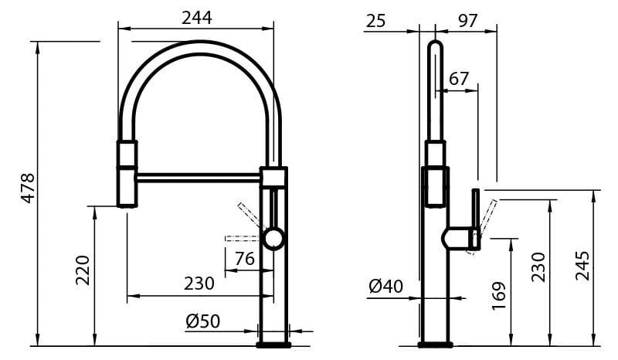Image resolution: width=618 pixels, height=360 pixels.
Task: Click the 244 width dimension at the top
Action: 196,18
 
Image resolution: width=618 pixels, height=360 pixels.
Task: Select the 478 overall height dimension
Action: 28,188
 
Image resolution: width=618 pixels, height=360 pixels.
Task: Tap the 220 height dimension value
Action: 83,270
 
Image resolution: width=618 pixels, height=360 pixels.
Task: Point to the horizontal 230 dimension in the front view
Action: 199,284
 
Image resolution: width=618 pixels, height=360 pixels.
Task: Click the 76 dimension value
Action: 244,260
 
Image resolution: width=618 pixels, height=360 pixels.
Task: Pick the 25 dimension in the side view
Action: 376,21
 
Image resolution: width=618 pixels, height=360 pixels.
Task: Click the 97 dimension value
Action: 467,21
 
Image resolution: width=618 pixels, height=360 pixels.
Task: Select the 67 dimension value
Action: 458,79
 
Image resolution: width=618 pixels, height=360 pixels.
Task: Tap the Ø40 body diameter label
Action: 385,287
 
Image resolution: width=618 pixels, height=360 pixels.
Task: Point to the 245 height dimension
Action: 583,265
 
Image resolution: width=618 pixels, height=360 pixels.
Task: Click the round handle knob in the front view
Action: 273,239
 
